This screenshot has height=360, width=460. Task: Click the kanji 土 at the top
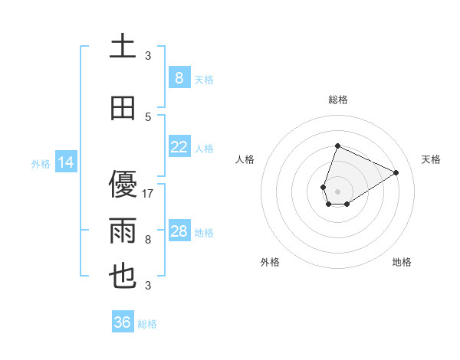pyautogui.click(x=123, y=46)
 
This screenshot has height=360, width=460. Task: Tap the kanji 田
pyautogui.click(x=123, y=109)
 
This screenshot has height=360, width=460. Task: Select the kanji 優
pyautogui.click(x=123, y=185)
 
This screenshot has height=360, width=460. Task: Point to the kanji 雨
pyautogui.click(x=123, y=231)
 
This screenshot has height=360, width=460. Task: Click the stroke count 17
pyautogui.click(x=149, y=194)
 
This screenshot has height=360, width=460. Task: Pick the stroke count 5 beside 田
pyautogui.click(x=148, y=117)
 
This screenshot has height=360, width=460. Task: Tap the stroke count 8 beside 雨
pyautogui.click(x=148, y=240)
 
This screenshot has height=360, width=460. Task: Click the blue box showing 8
pyautogui.click(x=179, y=78)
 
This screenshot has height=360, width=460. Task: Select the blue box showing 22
pyautogui.click(x=179, y=147)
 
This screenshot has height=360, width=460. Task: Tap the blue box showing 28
pyautogui.click(x=179, y=231)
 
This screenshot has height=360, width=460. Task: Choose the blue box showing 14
pyautogui.click(x=65, y=162)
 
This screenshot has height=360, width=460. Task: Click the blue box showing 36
pyautogui.click(x=122, y=322)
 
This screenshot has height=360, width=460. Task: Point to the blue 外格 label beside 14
pyautogui.click(x=41, y=163)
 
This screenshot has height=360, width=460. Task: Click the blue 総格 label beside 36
pyautogui.click(x=148, y=324)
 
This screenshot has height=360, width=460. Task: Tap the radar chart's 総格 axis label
pyautogui.click(x=337, y=100)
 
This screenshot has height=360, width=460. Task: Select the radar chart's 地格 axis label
pyautogui.click(x=402, y=263)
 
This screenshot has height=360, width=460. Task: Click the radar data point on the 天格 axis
pyautogui.click(x=396, y=173)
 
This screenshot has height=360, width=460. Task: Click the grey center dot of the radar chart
pyautogui.click(x=337, y=190)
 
